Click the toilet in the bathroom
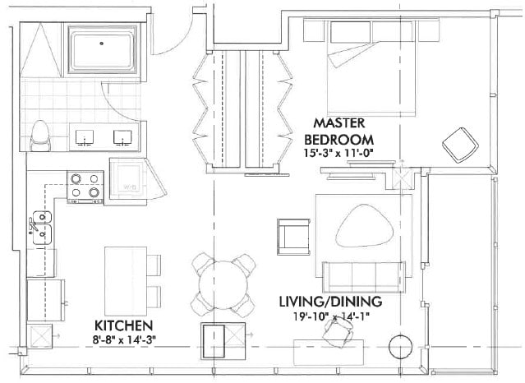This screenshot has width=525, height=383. point(39,136)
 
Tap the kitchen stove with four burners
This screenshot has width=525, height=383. point(85,186)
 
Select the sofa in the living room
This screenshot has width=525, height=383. point(362,274)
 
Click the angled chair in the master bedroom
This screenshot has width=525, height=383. point(460,145)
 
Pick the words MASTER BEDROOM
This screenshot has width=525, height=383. point(339,130)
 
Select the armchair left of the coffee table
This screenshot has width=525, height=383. point(293,235)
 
